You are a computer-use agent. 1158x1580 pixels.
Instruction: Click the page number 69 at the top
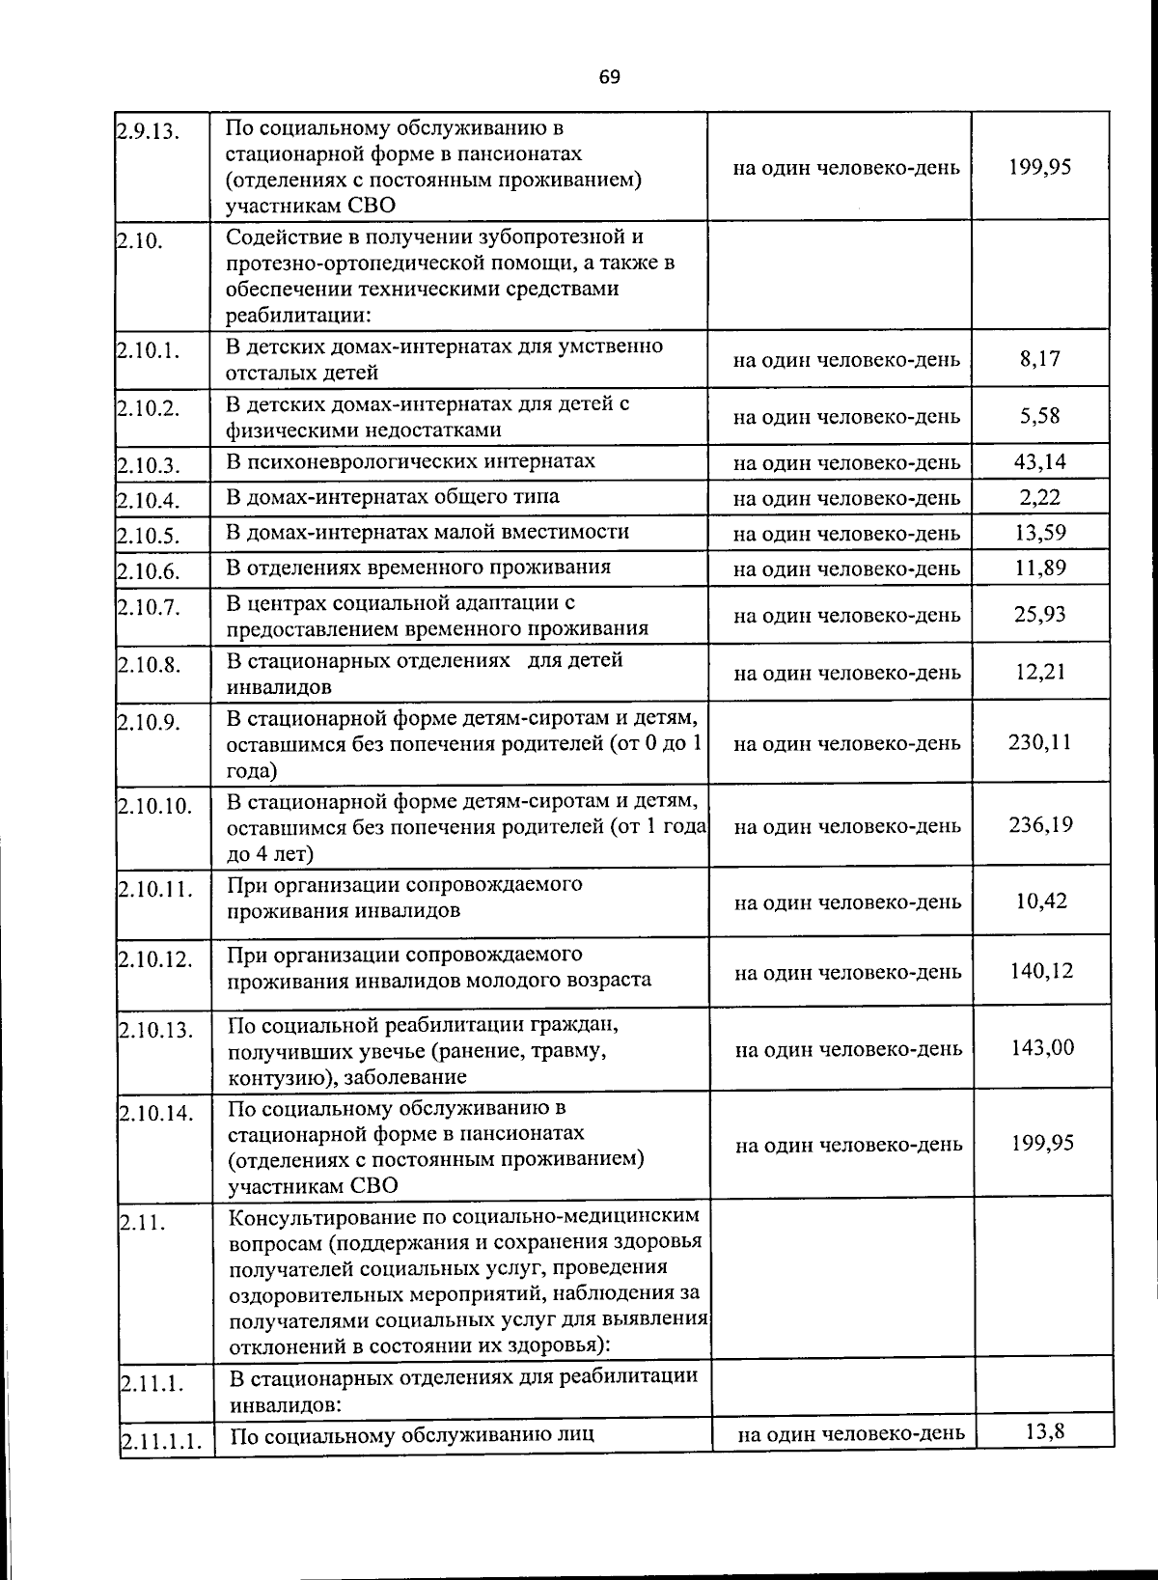[609, 77]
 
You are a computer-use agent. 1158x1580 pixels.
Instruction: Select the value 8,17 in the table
[1039, 359]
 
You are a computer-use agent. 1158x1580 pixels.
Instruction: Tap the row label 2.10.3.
[149, 466]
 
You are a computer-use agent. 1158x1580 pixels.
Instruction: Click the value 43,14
[1039, 461]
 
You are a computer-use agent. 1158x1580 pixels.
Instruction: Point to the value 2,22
[1039, 497]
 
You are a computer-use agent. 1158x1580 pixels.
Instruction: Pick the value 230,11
[1039, 742]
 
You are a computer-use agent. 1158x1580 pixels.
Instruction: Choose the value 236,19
[1040, 825]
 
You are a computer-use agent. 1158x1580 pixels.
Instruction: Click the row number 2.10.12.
[156, 959]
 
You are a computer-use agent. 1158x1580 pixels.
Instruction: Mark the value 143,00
[1041, 1048]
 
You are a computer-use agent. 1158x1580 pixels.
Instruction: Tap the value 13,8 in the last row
[1044, 1431]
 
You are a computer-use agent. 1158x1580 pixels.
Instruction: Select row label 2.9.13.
[149, 131]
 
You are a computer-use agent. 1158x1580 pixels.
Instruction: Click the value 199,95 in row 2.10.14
[1042, 1144]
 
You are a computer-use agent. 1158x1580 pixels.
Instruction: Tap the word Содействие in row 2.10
[281, 237]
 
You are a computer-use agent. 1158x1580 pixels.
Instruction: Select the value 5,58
[1039, 416]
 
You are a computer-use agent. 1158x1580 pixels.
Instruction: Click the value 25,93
[1039, 614]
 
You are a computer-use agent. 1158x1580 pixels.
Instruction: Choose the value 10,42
[1040, 901]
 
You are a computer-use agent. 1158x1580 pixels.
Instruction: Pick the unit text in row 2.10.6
[846, 568]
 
